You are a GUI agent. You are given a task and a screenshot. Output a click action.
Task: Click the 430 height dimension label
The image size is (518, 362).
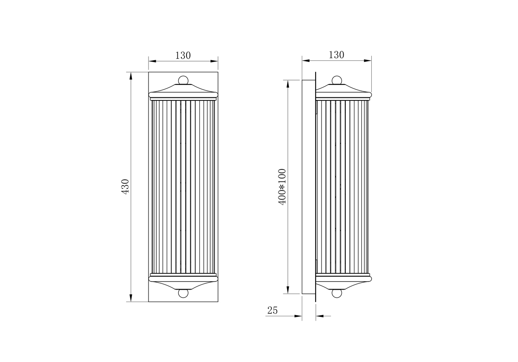click(125, 187)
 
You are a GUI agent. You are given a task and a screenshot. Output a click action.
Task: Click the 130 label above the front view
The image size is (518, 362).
click(183, 56)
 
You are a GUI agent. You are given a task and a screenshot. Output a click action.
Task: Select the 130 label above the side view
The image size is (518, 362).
click(336, 55)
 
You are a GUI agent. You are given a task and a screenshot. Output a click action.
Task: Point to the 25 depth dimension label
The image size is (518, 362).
click(272, 311)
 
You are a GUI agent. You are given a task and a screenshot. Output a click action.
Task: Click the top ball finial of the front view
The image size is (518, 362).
click(183, 80)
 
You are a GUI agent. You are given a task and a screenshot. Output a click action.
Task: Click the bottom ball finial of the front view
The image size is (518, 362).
click(183, 293)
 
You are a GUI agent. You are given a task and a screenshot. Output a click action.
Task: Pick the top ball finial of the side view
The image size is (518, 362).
click(337, 80)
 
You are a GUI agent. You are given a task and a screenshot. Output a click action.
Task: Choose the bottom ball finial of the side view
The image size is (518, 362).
click(337, 293)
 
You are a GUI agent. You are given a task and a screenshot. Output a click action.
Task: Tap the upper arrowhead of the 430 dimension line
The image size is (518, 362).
click(131, 76)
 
